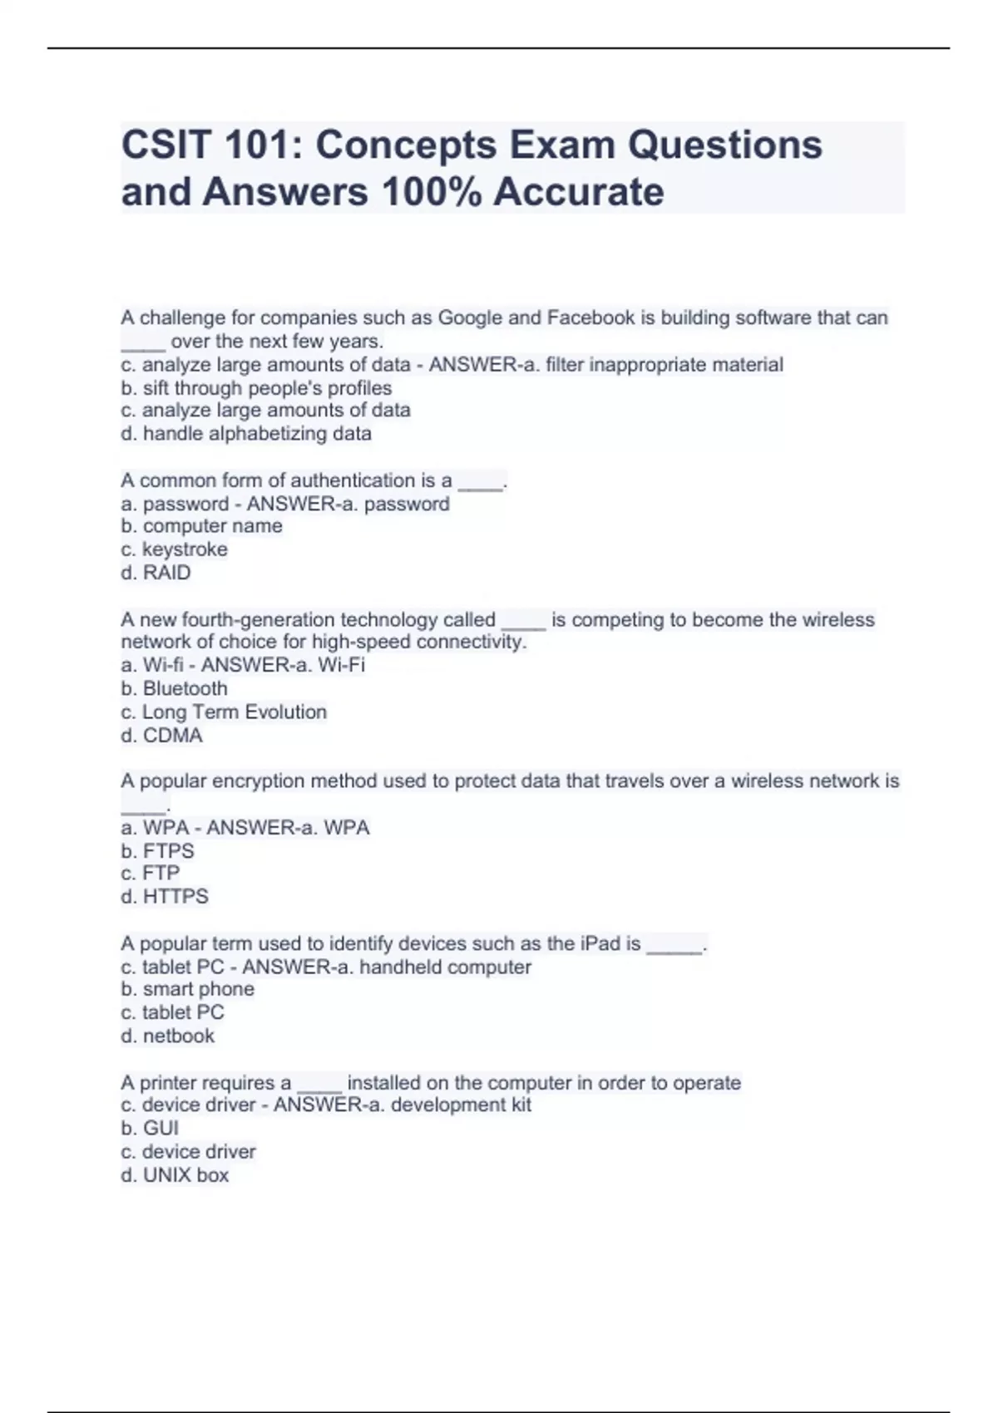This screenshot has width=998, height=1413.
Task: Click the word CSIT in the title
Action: [166, 145]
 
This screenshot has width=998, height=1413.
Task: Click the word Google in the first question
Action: [470, 318]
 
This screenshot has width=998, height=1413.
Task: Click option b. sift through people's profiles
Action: [256, 388]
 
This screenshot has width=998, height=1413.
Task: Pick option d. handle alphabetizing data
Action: [246, 433]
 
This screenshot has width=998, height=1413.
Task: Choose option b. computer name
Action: [201, 526]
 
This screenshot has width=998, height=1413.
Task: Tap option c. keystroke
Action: [174, 549]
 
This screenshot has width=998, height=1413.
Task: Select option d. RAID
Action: [156, 573]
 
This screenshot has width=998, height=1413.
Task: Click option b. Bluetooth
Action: [174, 688]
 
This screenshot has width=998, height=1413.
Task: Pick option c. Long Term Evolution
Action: [224, 711]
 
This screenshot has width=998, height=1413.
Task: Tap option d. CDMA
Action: [161, 735]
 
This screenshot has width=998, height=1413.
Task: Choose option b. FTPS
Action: [157, 850]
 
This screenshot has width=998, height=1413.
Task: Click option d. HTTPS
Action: [165, 896]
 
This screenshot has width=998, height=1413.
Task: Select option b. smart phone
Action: [188, 989]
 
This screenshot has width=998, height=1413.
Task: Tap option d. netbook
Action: [167, 1036]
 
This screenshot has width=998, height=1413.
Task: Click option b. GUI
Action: [150, 1128]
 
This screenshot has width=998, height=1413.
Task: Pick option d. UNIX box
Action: [175, 1174]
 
